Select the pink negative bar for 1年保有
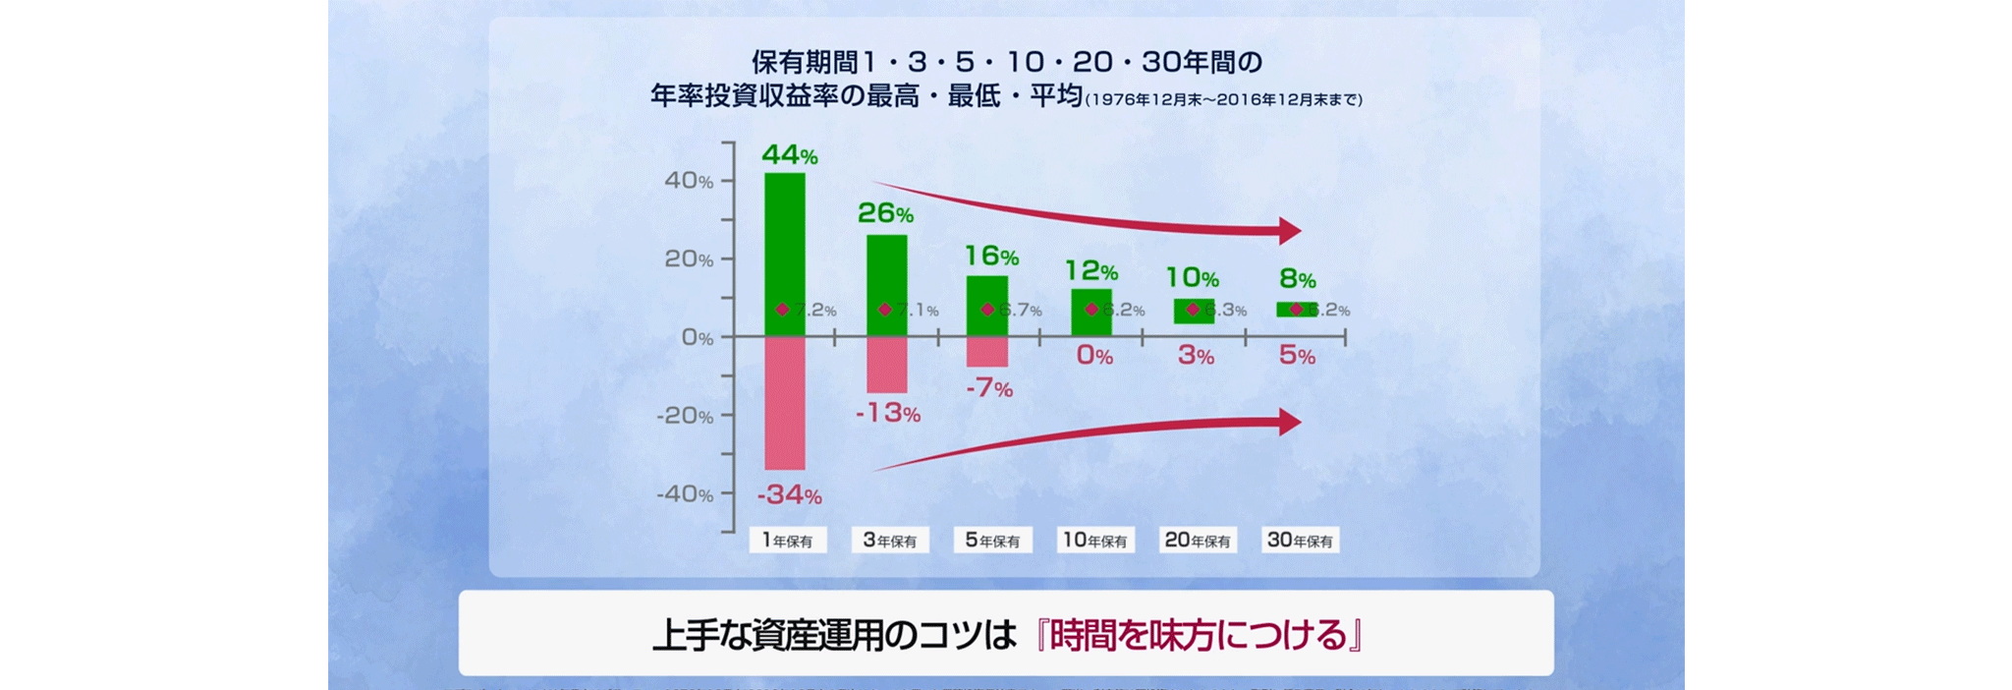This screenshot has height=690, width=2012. (785, 403)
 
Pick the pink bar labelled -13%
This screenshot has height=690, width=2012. (886, 365)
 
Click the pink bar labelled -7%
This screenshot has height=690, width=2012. (987, 352)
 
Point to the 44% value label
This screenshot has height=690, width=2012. (789, 155)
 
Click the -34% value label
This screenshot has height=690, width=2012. (789, 494)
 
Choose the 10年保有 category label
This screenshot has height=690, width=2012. (1095, 541)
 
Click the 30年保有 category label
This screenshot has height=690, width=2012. (1300, 541)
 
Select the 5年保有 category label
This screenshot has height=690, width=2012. (992, 541)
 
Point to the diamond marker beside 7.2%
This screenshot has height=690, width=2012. (782, 310)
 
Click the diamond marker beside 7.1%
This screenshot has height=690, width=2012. (885, 310)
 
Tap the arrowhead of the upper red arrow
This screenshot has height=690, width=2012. (1289, 231)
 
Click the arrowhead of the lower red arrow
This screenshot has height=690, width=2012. (1289, 423)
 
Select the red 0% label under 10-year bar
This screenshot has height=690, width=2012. (1094, 356)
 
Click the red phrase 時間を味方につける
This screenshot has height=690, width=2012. (1199, 635)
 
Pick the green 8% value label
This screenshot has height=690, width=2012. (1297, 280)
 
